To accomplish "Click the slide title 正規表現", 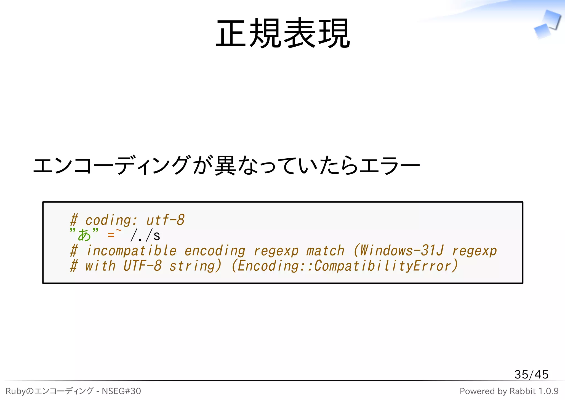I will [x=282, y=33].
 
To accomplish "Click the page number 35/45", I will [x=531, y=374].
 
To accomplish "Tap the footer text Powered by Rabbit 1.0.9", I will [x=509, y=391].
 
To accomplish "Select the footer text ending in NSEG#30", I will [x=73, y=391].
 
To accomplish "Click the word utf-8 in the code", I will [x=165, y=220].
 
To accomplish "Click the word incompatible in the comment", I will [x=131, y=251].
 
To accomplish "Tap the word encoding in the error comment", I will [x=215, y=251].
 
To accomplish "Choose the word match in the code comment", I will [x=325, y=251].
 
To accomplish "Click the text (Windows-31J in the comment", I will [x=399, y=250].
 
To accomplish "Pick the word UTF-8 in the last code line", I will [x=142, y=266].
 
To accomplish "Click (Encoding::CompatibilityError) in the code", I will [x=345, y=266].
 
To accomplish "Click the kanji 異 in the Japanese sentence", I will [x=225, y=165].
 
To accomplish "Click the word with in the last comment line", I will [x=100, y=266].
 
